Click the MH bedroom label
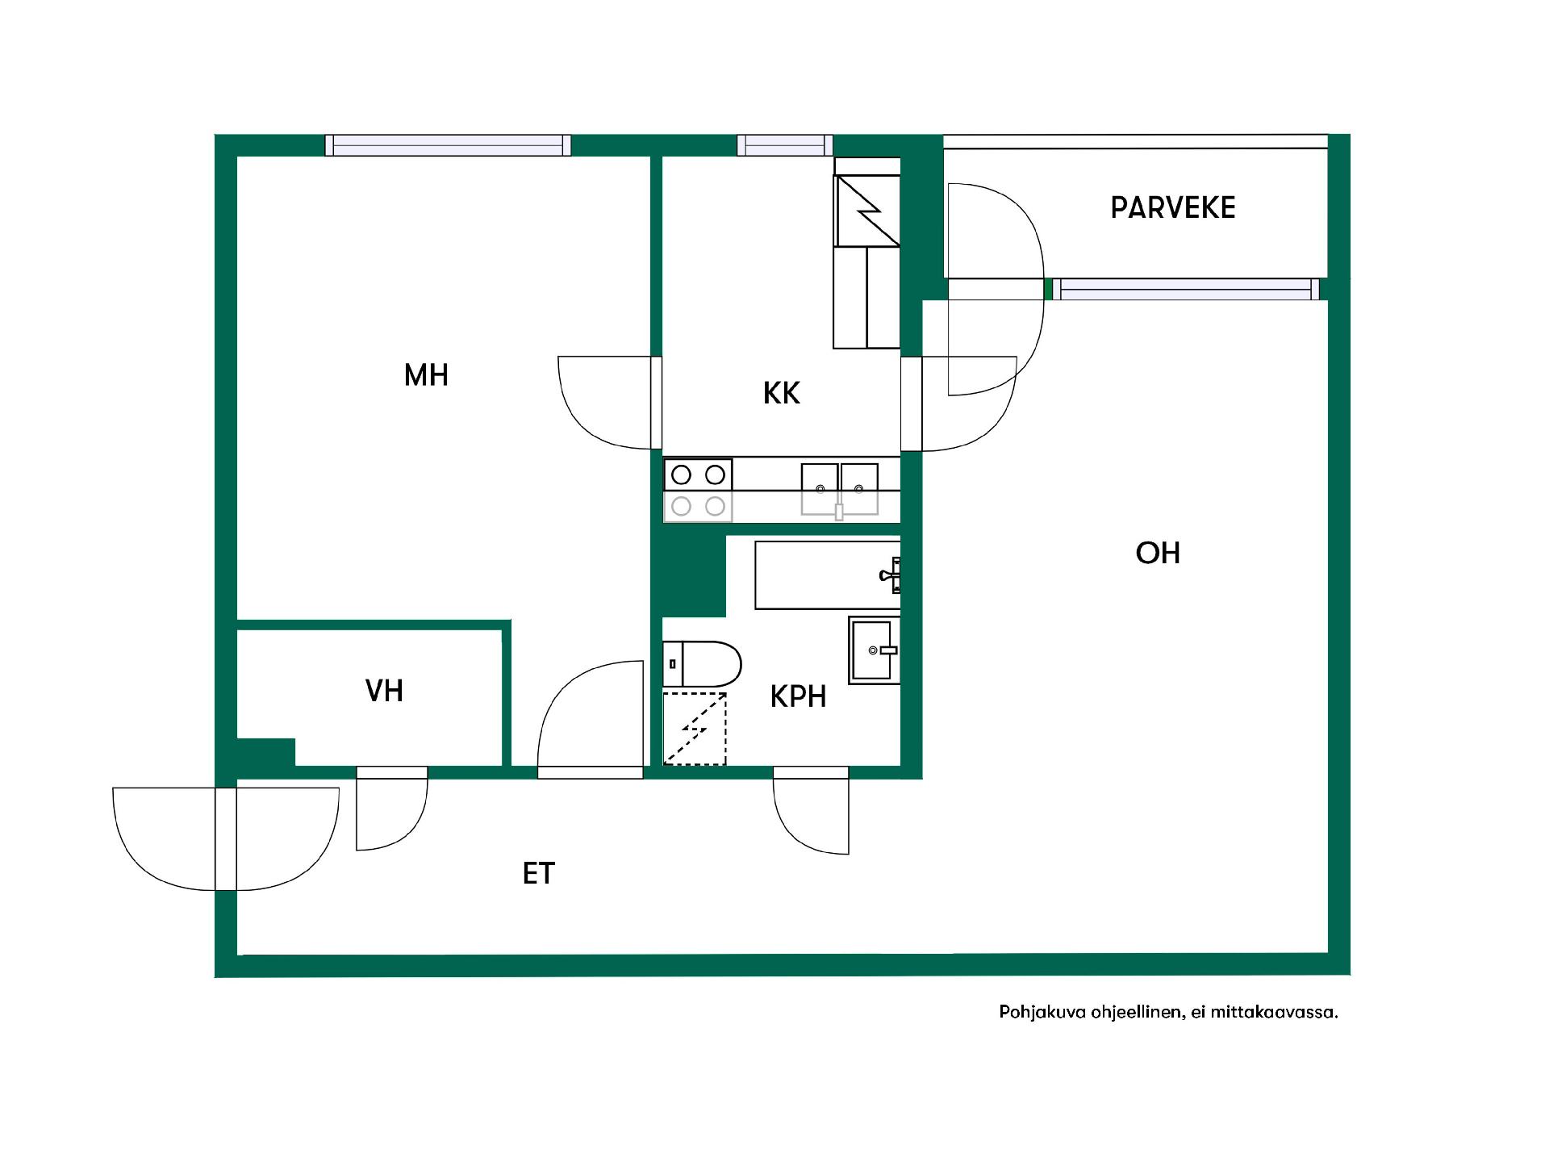(426, 375)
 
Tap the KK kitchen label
(781, 394)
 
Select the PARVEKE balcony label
(1173, 208)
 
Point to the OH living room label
(1158, 554)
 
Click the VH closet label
(384, 692)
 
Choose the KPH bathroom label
(799, 697)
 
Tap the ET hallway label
(539, 874)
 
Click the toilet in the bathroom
(702, 664)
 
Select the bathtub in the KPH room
(828, 575)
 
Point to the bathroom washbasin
(874, 650)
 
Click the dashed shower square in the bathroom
(695, 729)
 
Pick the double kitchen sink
(839, 488)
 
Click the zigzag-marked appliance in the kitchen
(867, 211)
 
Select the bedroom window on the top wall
(448, 145)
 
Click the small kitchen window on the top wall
(784, 145)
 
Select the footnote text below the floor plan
(1168, 1012)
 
